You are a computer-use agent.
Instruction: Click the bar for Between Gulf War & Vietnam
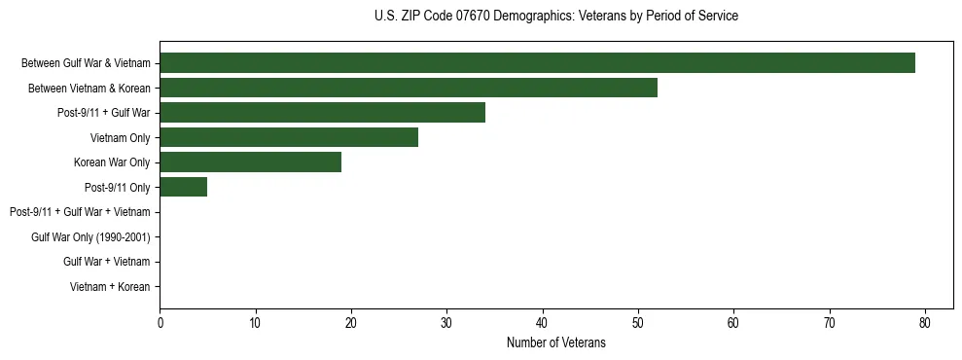click(537, 63)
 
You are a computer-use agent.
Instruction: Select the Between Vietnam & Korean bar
click(409, 88)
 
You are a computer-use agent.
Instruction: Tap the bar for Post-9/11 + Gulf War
click(322, 113)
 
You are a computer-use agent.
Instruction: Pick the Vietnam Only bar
click(289, 137)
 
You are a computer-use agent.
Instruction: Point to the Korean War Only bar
click(250, 162)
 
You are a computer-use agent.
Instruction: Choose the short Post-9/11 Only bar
click(183, 187)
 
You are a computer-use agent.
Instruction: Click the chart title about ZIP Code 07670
click(555, 17)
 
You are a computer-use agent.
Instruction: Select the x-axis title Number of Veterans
click(555, 342)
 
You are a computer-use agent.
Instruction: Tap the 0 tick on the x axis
click(160, 323)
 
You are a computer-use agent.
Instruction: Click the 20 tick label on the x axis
click(351, 323)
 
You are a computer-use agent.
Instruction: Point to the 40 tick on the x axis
click(543, 323)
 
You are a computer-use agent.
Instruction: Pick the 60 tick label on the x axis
click(733, 323)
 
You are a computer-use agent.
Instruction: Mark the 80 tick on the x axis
click(925, 323)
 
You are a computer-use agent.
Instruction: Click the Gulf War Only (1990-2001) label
click(90, 236)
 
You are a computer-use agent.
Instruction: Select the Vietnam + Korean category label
click(110, 286)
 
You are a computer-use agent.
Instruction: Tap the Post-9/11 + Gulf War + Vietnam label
click(80, 212)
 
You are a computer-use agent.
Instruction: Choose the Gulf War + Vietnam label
click(106, 262)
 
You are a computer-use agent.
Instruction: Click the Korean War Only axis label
click(112, 162)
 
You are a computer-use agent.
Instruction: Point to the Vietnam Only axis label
click(120, 137)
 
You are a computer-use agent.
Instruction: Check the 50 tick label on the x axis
click(638, 323)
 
